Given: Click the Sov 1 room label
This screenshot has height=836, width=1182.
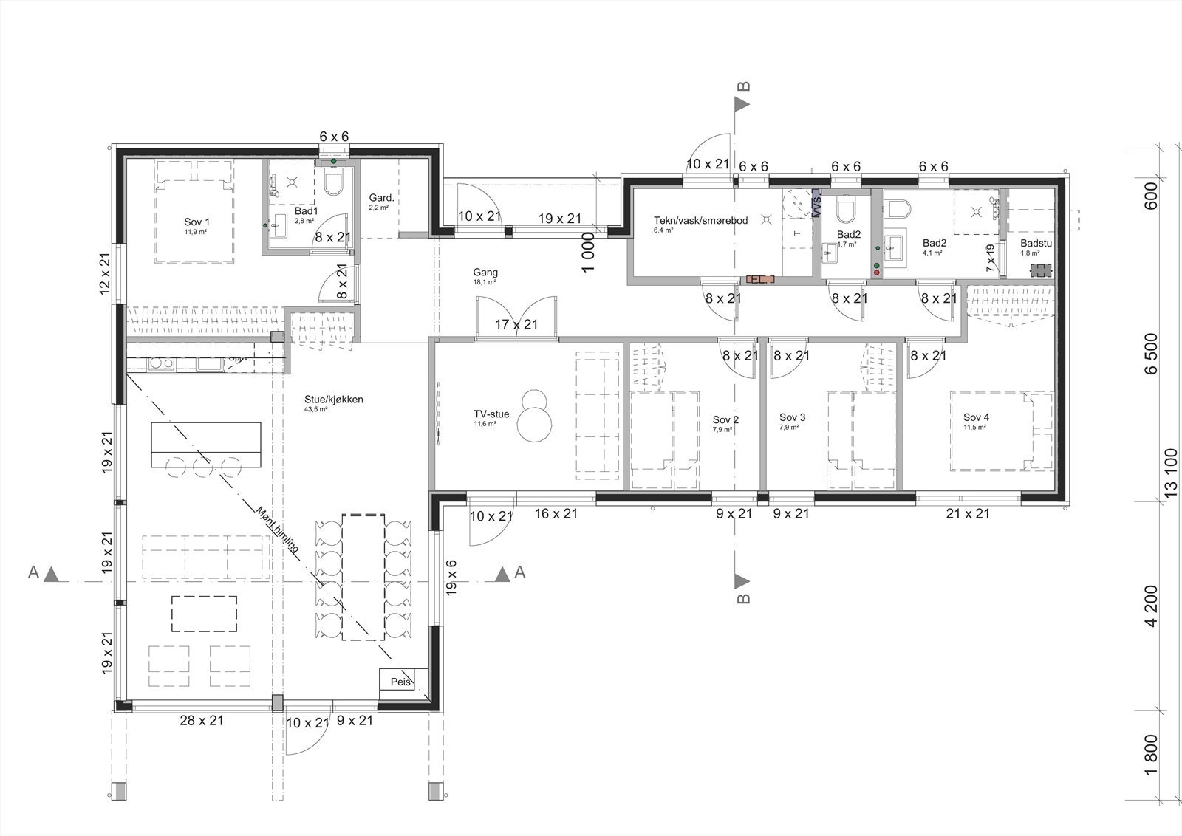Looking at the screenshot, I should coord(197,222).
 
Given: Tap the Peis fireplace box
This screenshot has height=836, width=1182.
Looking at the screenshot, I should coord(400,682).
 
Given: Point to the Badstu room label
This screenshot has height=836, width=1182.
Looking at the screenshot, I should coord(1036,244).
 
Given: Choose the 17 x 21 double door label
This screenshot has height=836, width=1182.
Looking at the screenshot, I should coord(516,324).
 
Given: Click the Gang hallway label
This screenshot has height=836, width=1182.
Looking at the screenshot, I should coord(485,273).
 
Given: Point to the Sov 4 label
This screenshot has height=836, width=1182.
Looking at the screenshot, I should coord(976,417).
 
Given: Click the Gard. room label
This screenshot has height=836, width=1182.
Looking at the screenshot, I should coord(380,199).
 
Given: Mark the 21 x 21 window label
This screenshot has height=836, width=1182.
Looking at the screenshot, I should coord(968,513).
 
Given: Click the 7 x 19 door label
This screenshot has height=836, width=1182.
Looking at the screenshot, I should coord(990,258).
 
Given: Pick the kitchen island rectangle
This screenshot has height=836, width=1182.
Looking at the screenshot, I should coord(206,445).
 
